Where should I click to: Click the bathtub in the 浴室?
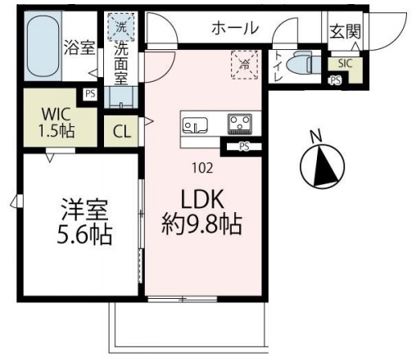[43, 46]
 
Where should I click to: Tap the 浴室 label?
[79, 48]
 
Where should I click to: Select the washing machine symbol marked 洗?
[121, 27]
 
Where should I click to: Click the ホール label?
[235, 28]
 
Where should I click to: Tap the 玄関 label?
[345, 31]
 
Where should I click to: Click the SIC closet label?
[346, 63]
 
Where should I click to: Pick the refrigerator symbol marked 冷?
[245, 65]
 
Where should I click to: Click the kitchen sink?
[195, 125]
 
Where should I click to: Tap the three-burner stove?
[240, 124]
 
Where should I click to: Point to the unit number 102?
[202, 168]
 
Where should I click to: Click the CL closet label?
[122, 132]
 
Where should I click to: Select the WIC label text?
[56, 115]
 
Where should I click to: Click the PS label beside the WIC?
[90, 94]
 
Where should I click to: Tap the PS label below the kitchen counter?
[244, 147]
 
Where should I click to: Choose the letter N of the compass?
[316, 136]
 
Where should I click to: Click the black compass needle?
[325, 166]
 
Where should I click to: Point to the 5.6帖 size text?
[84, 235]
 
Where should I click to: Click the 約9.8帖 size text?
[202, 224]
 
